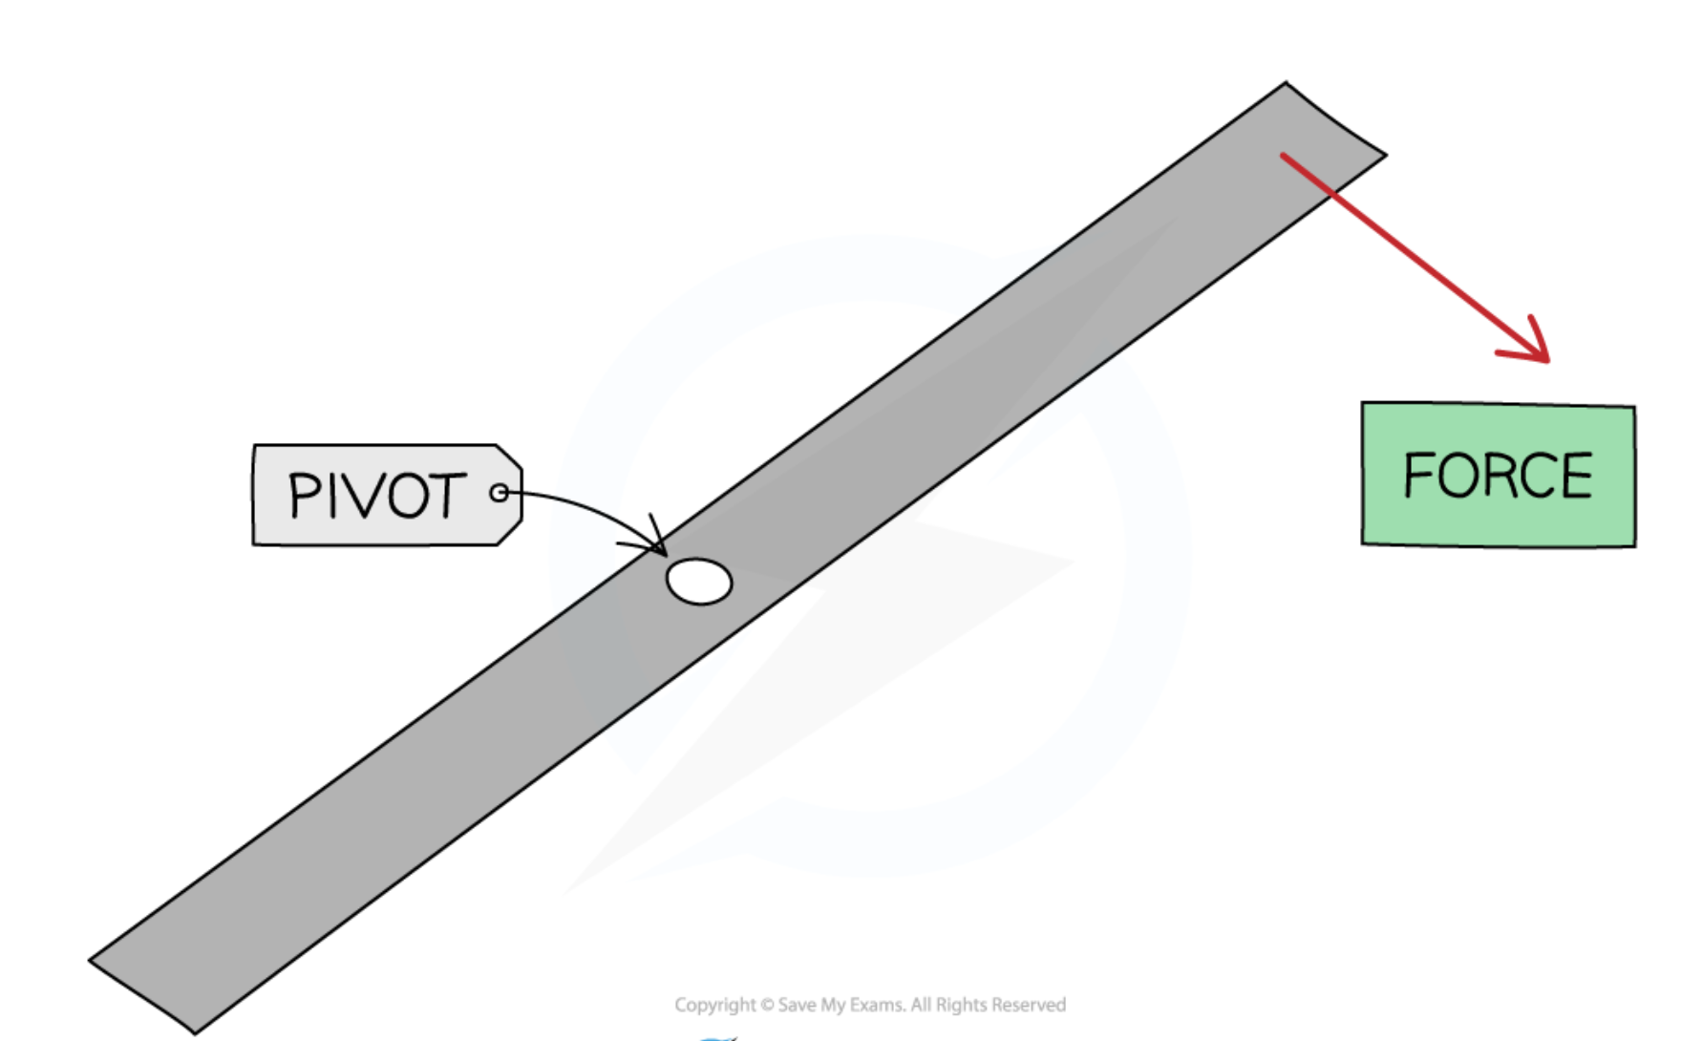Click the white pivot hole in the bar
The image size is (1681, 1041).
pyautogui.click(x=699, y=582)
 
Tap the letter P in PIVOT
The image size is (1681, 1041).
pyautogui.click(x=307, y=496)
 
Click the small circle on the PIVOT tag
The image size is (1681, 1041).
pyautogui.click(x=499, y=493)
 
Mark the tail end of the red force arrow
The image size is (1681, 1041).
pyautogui.click(x=1284, y=155)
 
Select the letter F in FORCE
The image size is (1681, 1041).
pyautogui.click(x=1419, y=475)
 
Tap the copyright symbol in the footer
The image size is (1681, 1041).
pyautogui.click(x=767, y=1005)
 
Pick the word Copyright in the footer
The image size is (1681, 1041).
pyautogui.click(x=715, y=1005)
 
